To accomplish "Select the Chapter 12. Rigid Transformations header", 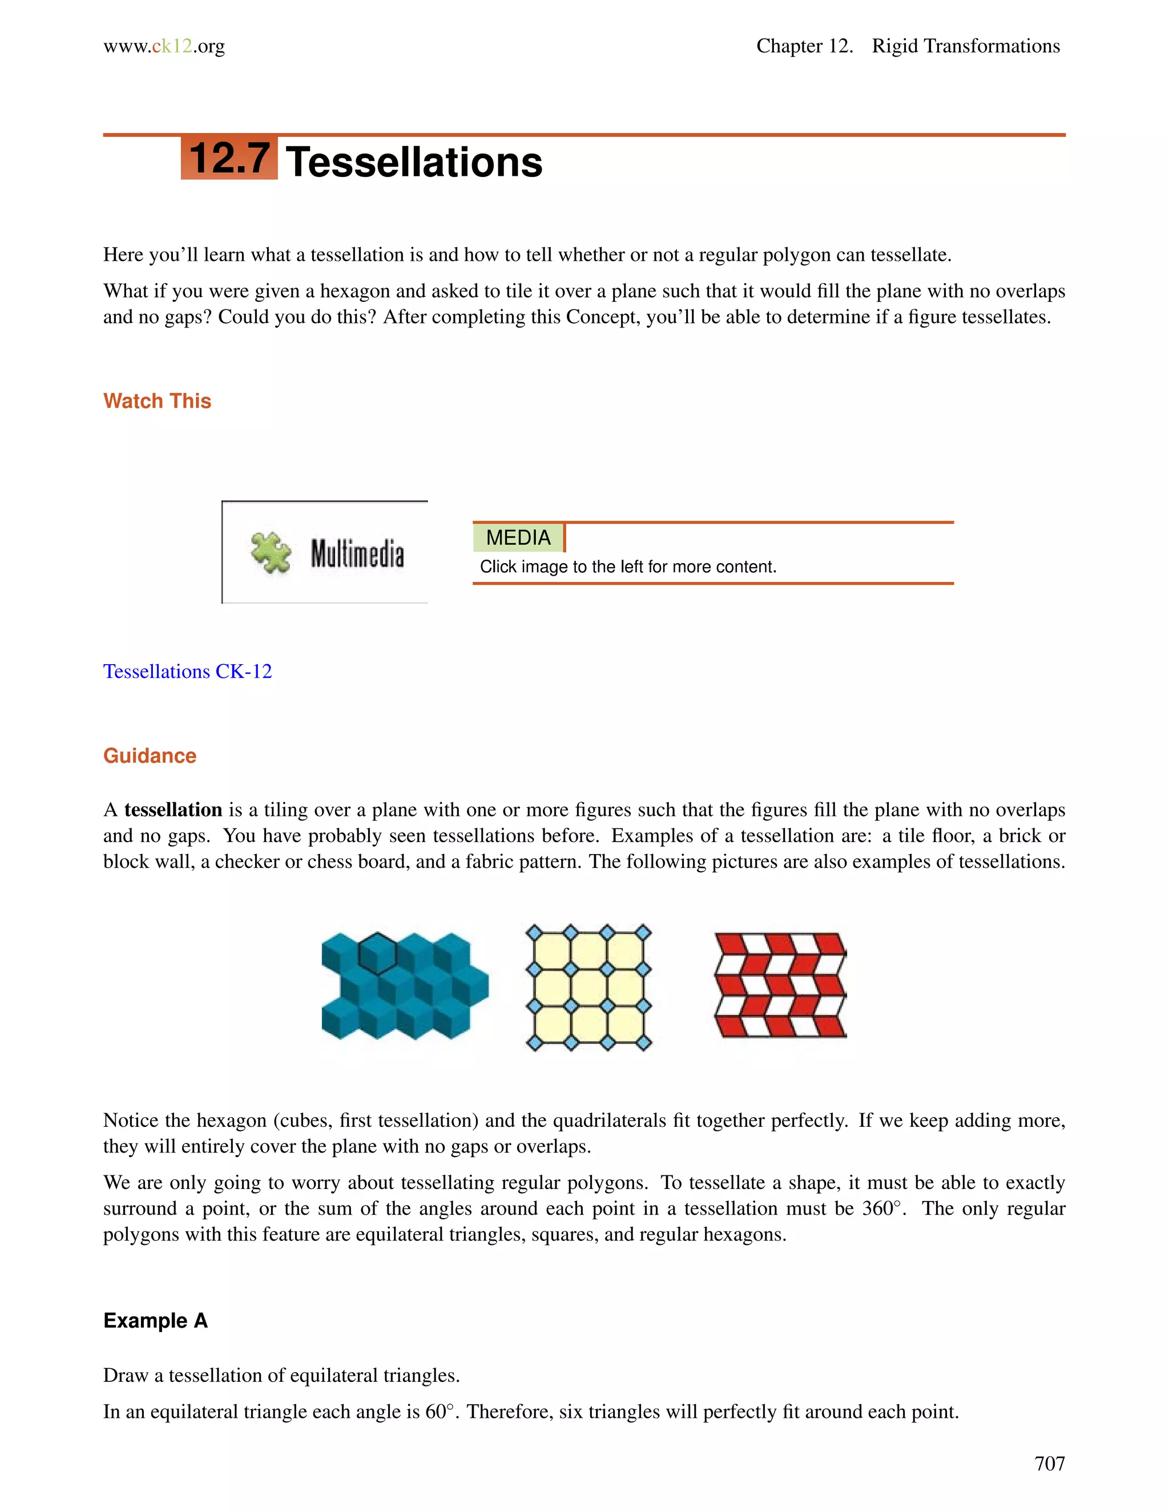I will coord(907,46).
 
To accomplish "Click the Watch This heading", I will coord(157,401).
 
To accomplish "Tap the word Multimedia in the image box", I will coord(357,554).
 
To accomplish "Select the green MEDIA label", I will coord(518,538).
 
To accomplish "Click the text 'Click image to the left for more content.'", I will coord(628,567).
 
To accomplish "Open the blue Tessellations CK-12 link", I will coord(188,672).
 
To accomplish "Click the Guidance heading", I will coord(150,755).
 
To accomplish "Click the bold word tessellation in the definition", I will coord(173,810).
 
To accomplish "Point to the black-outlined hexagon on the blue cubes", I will coord(377,953).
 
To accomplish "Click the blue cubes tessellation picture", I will coord(405,986).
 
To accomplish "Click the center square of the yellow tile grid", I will coord(588,987).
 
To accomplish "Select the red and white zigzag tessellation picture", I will coord(780,985).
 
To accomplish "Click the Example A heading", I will coord(155,1321).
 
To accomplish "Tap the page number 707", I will coord(1049,1464).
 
